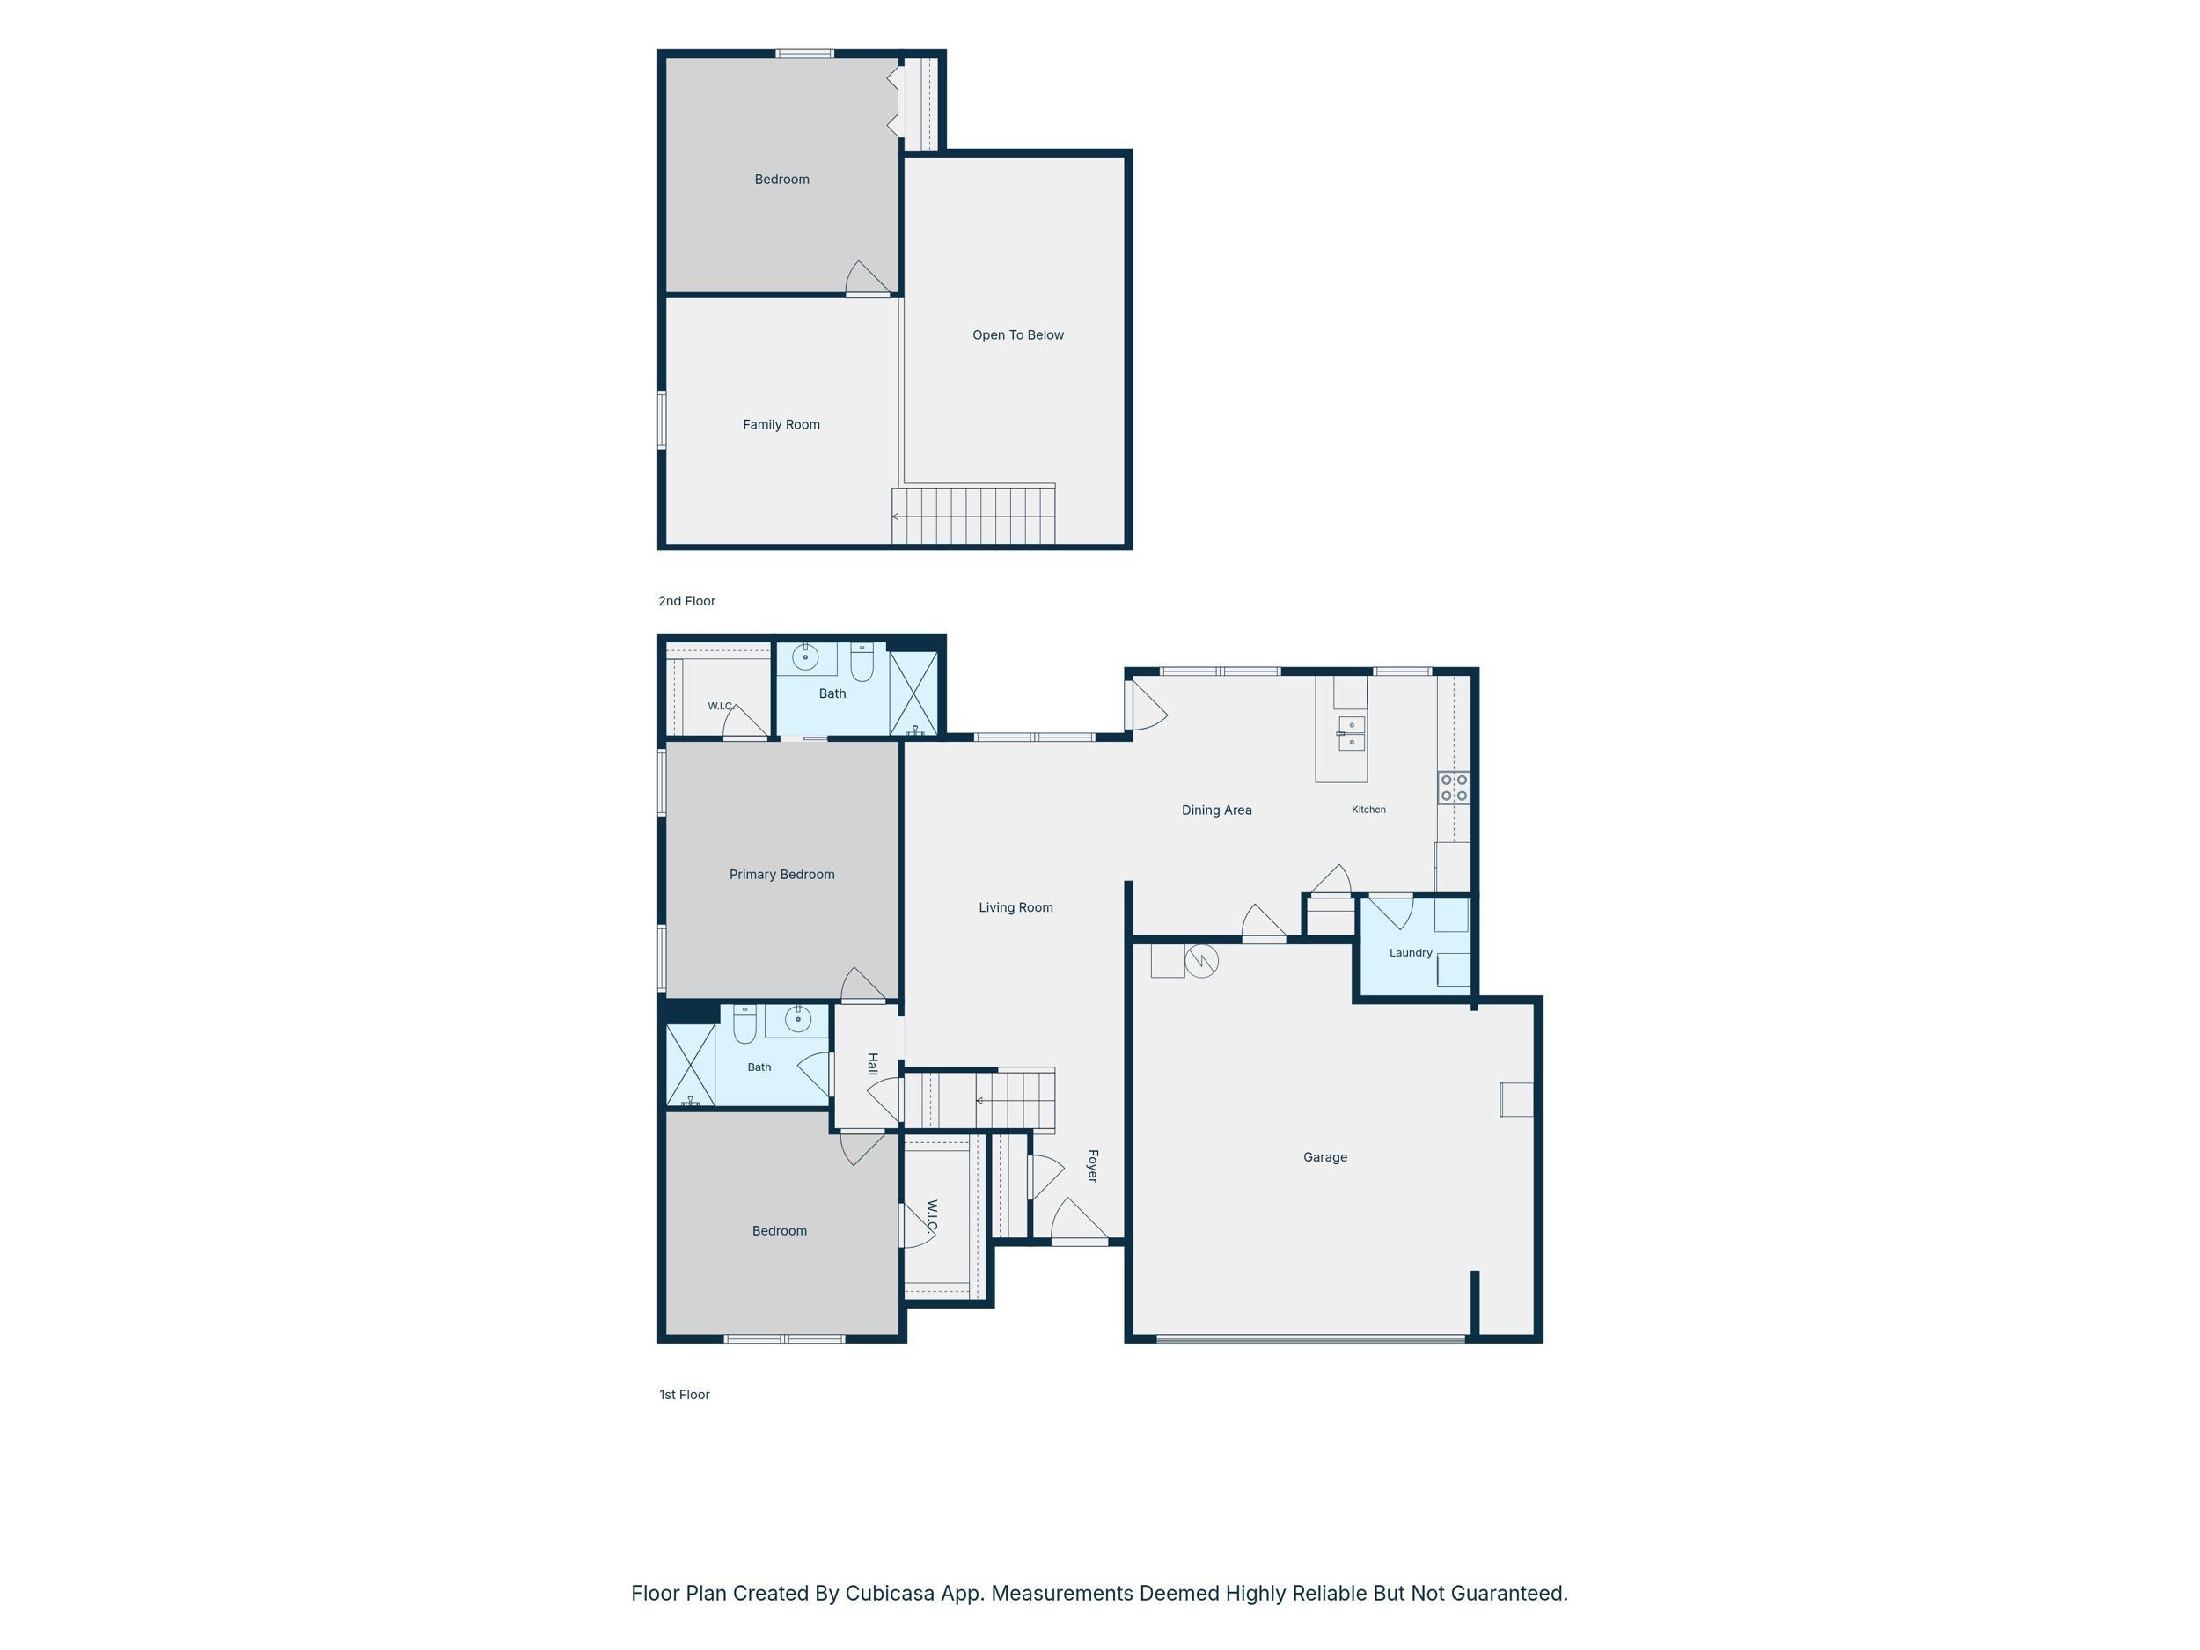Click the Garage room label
[1324, 1156]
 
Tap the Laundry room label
[1411, 953]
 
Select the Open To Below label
[1017, 335]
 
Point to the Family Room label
[781, 425]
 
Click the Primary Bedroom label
[781, 874]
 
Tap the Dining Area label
[1216, 810]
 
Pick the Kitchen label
[1368, 810]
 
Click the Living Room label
[1016, 907]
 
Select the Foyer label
[1092, 1166]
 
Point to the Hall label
[872, 1063]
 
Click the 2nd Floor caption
[686, 601]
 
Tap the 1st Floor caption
[685, 1395]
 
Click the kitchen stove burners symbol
[1454, 788]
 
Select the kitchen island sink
[1352, 733]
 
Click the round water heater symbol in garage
[1201, 961]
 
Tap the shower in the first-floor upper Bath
[913, 693]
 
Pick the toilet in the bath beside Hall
[745, 1023]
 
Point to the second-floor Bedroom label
[781, 179]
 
